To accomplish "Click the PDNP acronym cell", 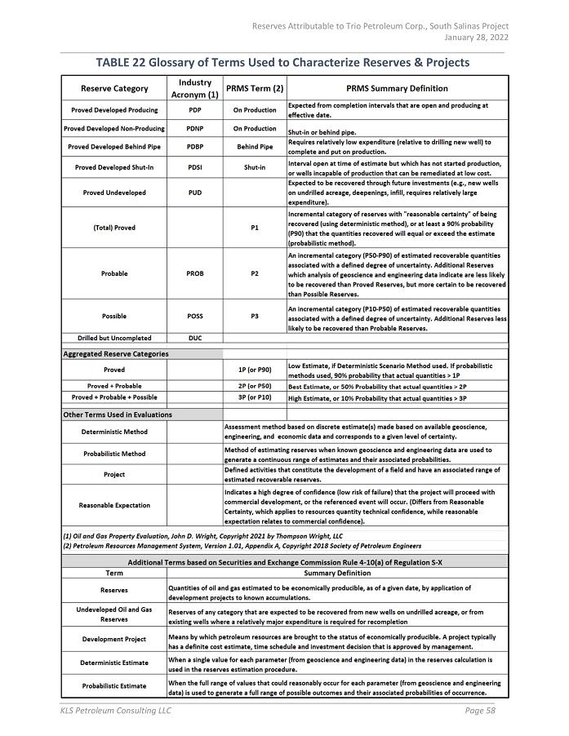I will [x=195, y=128].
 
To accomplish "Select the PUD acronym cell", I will [x=195, y=193].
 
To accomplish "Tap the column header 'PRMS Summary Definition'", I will [x=398, y=88].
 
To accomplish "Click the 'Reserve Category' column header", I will [x=114, y=88].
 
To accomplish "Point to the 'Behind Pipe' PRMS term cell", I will [x=255, y=147].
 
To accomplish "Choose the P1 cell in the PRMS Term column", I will [x=255, y=228].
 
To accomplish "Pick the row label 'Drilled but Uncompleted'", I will [x=114, y=337].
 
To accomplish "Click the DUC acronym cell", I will [x=195, y=337].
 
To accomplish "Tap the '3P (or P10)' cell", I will [x=255, y=397].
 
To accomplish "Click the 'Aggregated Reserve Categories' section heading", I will [x=116, y=354].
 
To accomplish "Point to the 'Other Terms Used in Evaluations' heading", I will [x=118, y=415].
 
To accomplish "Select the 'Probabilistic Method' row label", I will [x=114, y=454].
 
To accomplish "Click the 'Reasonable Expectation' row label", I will [x=114, y=505].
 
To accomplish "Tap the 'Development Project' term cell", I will [x=114, y=639].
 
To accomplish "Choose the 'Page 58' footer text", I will [x=480, y=711].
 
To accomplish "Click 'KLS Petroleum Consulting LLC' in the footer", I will [x=115, y=711].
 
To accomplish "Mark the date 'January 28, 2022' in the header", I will [x=476, y=38].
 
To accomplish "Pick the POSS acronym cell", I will [x=195, y=316].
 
